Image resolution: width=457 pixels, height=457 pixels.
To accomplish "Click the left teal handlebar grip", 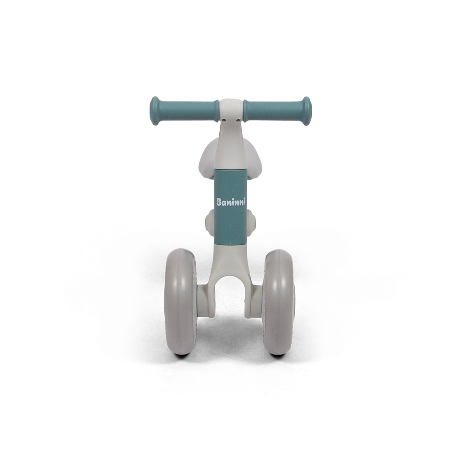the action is point(184,111).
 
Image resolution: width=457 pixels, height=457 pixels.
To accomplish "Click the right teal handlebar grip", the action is point(277,111).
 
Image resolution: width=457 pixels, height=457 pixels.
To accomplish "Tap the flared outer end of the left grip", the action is point(154,111).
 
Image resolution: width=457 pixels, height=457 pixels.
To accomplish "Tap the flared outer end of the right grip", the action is point(307,111).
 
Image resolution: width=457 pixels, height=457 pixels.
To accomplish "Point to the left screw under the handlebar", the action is point(224,120).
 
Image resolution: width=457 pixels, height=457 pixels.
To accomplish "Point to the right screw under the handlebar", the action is point(239,120).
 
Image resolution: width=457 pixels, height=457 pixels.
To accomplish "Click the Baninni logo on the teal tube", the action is point(230,202).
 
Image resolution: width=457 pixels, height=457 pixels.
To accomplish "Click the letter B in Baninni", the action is point(219,202).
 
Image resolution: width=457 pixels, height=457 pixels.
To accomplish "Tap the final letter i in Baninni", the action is point(244,201).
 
